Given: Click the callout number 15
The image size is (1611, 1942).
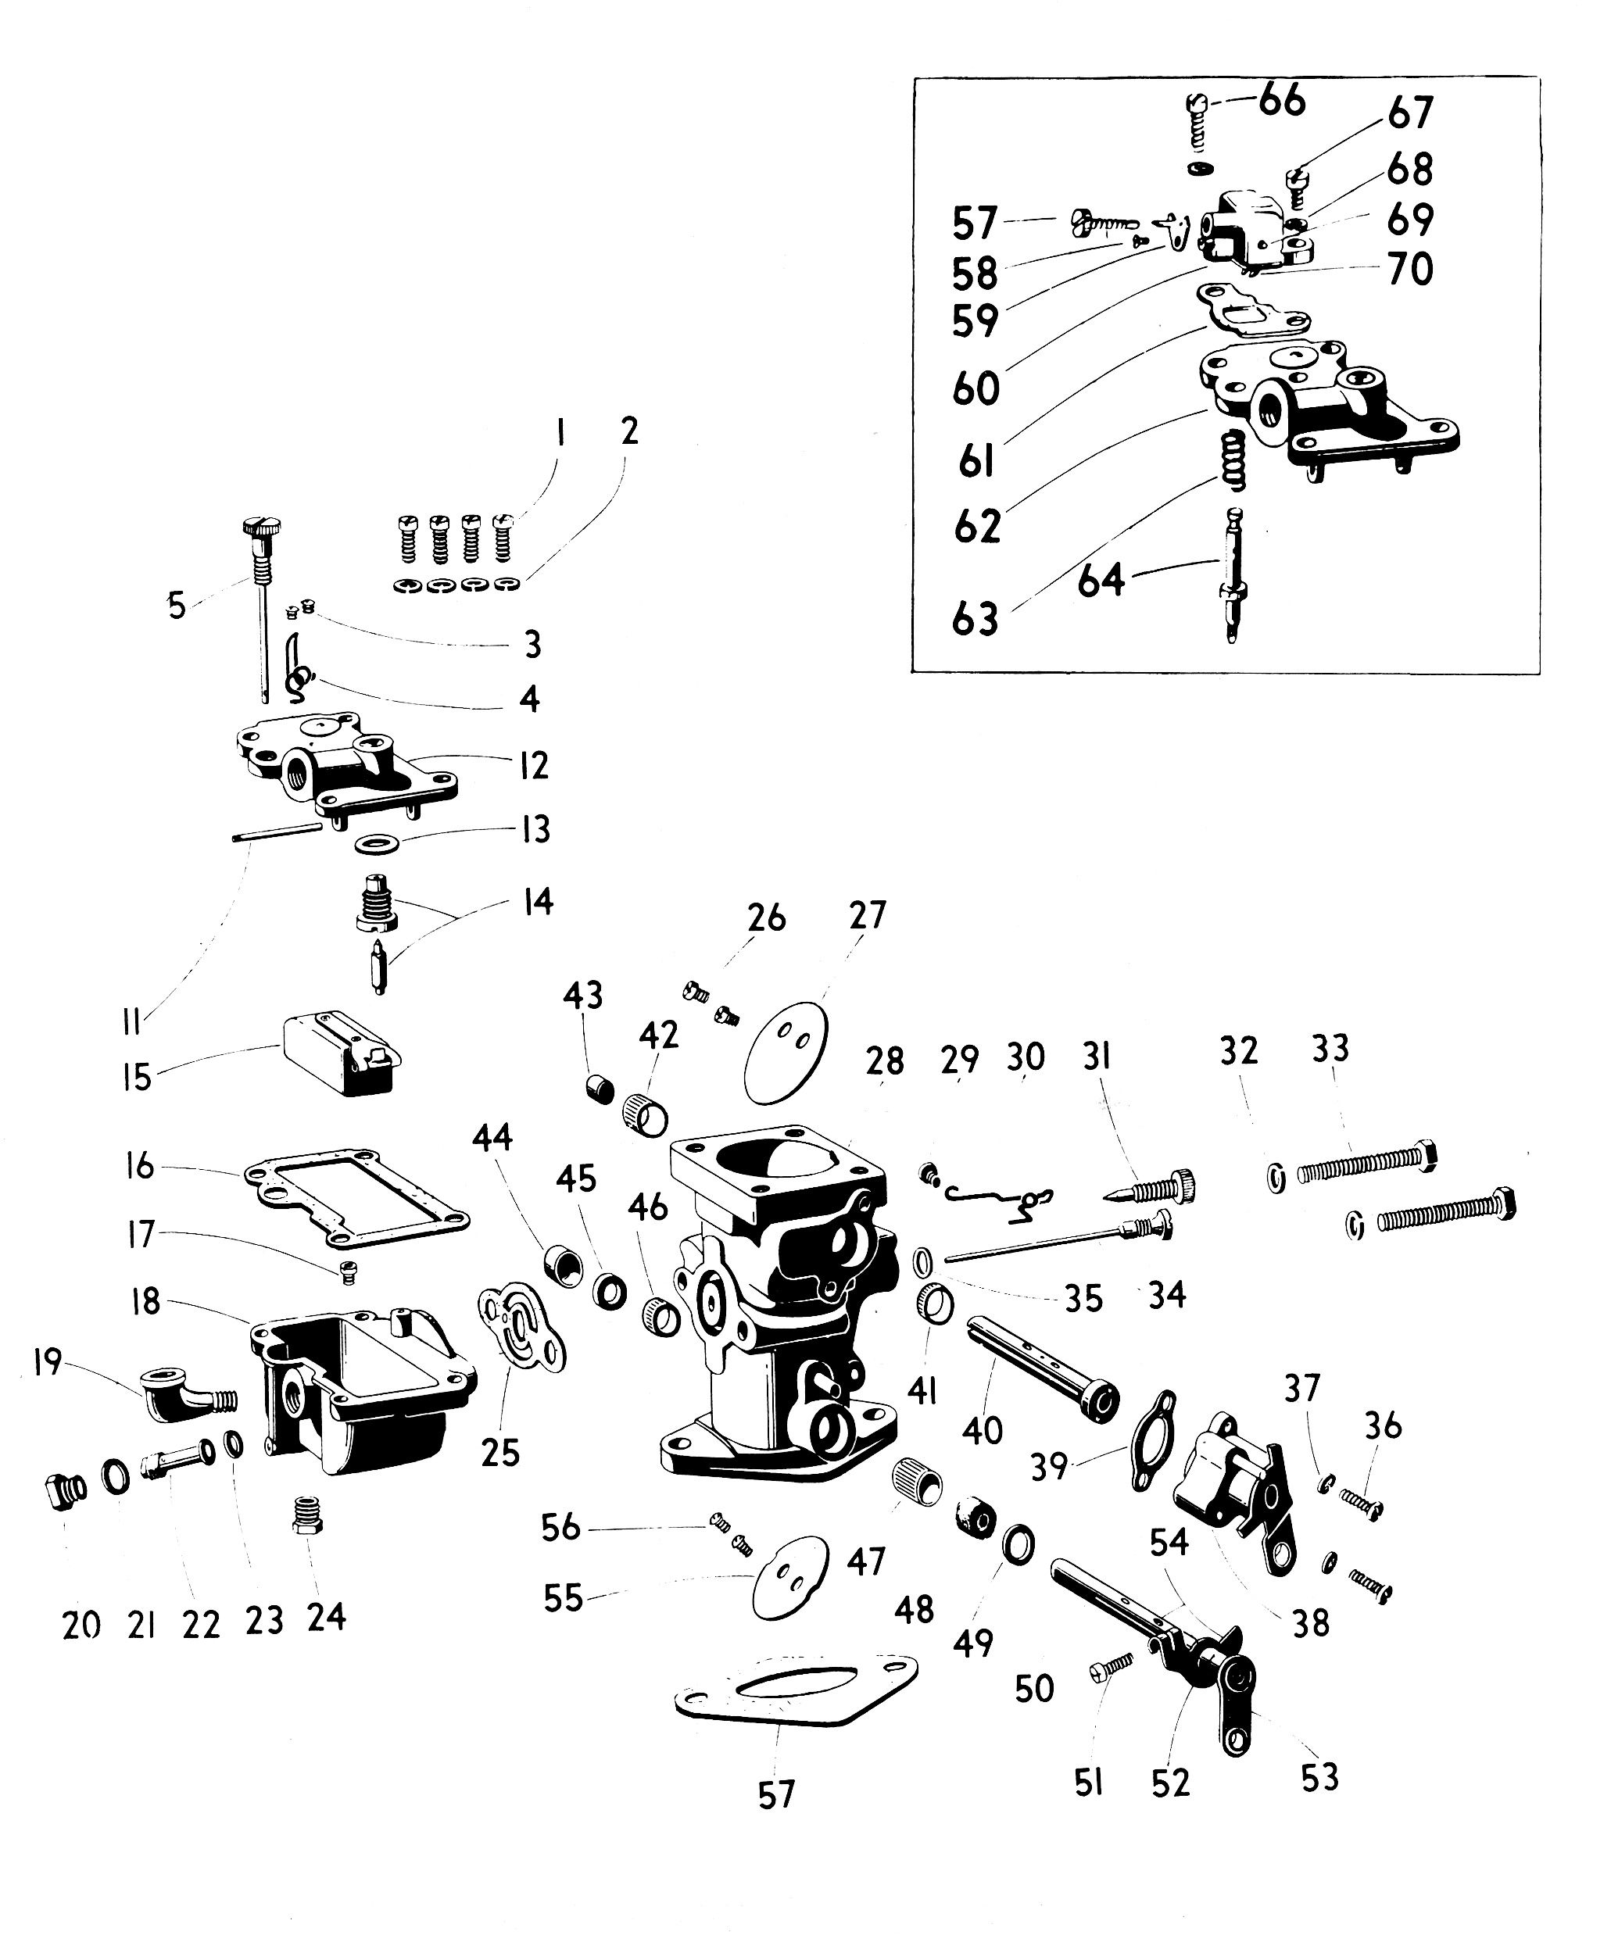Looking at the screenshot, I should (x=137, y=1078).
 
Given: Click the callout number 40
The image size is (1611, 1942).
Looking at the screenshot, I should (x=982, y=1431).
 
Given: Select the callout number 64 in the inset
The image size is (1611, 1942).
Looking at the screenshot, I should (x=1101, y=581).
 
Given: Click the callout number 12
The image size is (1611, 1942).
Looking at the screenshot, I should (x=534, y=765).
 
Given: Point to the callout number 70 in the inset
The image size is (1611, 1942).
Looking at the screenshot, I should (x=1410, y=270).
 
